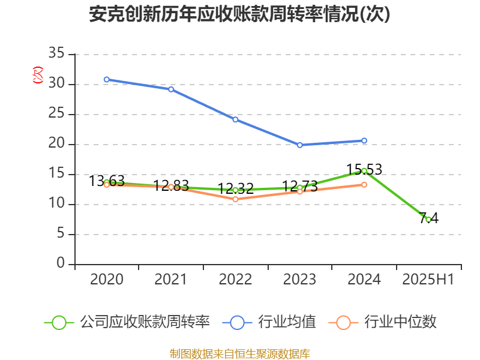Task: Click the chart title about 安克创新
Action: pyautogui.click(x=239, y=14)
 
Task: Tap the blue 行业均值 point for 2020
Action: pyautogui.click(x=107, y=79)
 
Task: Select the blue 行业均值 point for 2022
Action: pyautogui.click(x=235, y=119)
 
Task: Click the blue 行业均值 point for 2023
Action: pyautogui.click(x=300, y=145)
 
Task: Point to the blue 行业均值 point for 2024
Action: pyautogui.click(x=364, y=140)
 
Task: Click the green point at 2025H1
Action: pyautogui.click(x=428, y=220)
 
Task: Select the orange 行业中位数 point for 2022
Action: pyautogui.click(x=235, y=199)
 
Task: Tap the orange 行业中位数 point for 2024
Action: pyautogui.click(x=364, y=184)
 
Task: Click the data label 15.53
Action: pyautogui.click(x=364, y=169)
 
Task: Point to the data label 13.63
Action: pyautogui.click(x=107, y=181)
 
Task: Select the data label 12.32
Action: pyautogui.click(x=235, y=188)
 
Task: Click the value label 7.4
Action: pyautogui.click(x=428, y=218)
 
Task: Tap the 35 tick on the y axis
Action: pyautogui.click(x=56, y=55)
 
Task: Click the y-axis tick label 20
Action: pyautogui.click(x=56, y=145)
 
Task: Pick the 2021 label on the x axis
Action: pyautogui.click(x=171, y=280)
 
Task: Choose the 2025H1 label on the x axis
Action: pyautogui.click(x=428, y=280)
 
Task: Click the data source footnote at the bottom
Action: pyautogui.click(x=240, y=353)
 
